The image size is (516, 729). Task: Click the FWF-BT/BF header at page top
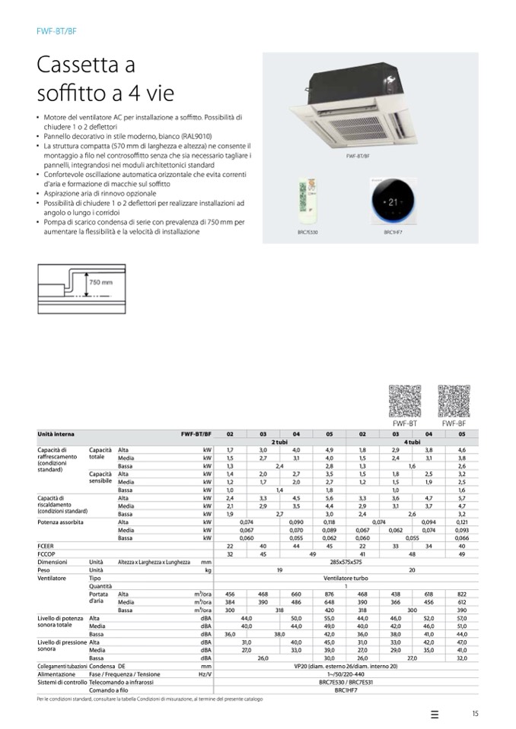tap(56, 31)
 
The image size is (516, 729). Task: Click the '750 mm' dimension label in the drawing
tap(100, 282)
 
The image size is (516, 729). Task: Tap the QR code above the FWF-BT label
tap(403, 400)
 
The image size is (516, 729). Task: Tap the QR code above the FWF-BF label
tap(453, 400)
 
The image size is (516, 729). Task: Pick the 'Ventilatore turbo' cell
tap(346, 578)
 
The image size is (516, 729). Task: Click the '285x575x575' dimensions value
tap(346, 561)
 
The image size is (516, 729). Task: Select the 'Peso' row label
tap(43, 569)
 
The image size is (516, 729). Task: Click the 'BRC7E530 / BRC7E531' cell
tap(346, 682)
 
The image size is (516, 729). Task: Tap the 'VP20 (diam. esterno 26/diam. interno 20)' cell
tap(346, 666)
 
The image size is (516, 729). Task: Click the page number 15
tap(475, 713)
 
